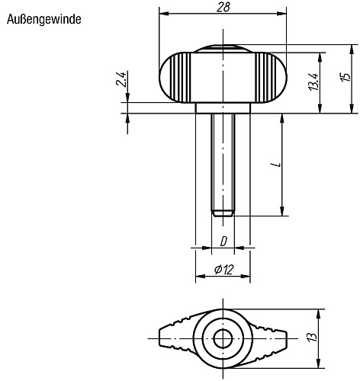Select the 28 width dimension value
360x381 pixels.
tap(223, 7)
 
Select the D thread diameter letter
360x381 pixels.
tap(223, 242)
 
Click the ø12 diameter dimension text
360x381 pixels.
tap(223, 268)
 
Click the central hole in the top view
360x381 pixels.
tap(223, 336)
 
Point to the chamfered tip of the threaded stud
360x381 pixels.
tap(223, 213)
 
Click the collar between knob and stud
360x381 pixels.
tap(223, 108)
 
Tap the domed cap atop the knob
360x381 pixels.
tap(223, 50)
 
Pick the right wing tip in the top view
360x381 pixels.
tap(284, 336)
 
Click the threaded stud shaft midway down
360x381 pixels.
tap(223, 160)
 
